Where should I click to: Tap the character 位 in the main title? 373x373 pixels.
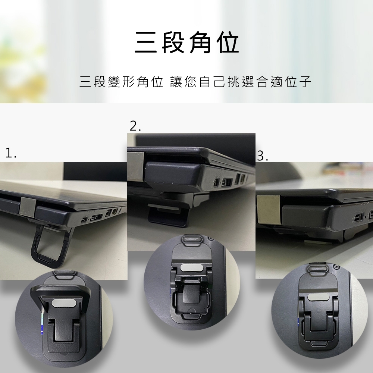(x=229, y=43)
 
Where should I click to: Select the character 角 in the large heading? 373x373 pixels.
(x=201, y=43)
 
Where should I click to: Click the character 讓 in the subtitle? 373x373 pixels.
(x=176, y=82)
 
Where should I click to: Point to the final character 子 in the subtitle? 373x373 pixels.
(x=305, y=82)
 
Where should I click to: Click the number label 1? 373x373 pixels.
(x=11, y=153)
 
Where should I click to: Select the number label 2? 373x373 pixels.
(x=135, y=126)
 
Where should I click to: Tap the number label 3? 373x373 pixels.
(x=263, y=156)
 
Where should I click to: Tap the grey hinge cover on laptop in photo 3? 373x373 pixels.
(x=268, y=209)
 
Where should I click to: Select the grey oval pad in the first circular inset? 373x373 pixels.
(x=64, y=303)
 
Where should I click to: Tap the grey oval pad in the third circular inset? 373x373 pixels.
(x=317, y=297)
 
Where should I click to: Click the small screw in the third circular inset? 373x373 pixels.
(x=336, y=266)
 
